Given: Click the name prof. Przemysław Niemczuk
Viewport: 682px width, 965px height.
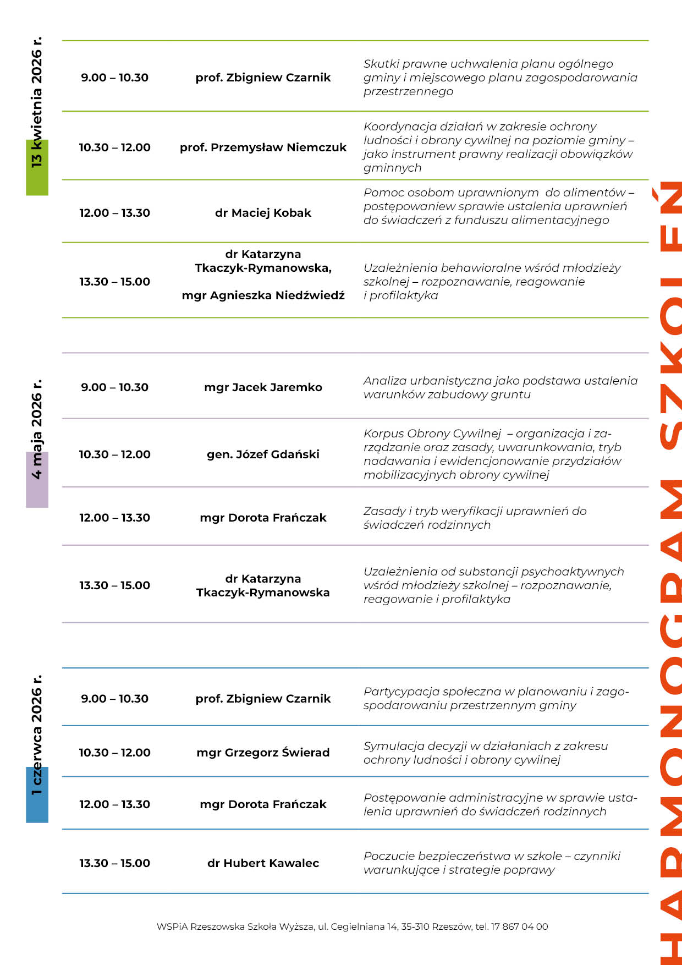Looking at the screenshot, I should pos(263,147).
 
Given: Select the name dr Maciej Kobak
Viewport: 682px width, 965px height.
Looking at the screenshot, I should pos(263,213).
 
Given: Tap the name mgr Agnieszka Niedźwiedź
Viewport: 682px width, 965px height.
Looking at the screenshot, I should pos(263,295).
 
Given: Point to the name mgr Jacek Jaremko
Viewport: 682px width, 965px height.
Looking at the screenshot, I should pos(263,387).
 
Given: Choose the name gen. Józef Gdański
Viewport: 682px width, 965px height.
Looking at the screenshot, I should pos(263,454).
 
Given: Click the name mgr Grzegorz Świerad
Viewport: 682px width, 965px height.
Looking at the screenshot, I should pos(263,753).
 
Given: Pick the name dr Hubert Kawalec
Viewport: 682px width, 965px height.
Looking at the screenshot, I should pos(263,863).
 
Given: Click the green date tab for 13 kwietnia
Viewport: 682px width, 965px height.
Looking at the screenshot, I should pos(37,168).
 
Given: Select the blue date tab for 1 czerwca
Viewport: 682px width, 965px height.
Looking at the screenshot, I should pos(37,795).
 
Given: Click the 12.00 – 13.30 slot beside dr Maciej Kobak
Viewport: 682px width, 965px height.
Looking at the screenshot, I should pos(114,213).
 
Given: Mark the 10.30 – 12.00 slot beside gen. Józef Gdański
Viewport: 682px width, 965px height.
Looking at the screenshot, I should pos(114,454).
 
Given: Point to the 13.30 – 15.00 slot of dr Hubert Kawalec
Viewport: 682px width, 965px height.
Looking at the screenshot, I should pos(114,863).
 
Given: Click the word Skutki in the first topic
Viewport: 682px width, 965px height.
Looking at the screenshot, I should pos(381,64).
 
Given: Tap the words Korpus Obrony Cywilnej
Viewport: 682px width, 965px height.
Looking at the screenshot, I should pos(432,434).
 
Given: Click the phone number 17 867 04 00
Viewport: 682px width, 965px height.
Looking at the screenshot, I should pos(519,926).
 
